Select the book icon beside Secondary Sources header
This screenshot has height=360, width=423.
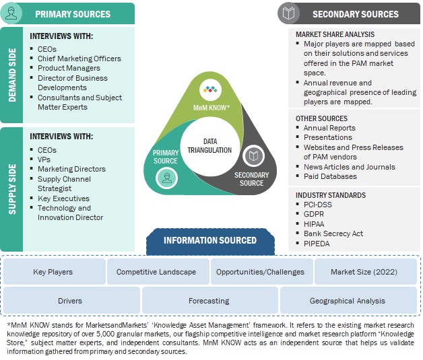pos(290,13)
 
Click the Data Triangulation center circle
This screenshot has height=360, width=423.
pos(209,145)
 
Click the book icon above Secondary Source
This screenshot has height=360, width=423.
pos(253,156)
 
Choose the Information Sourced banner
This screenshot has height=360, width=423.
pos(210,240)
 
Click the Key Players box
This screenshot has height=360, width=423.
pos(53,272)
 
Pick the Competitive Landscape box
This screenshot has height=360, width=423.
pos(156,272)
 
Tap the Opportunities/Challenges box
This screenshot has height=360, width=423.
pos(260,272)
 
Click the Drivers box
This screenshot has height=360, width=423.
pos(70,301)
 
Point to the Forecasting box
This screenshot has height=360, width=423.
pos(209,301)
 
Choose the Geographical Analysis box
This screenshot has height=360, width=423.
pos(348,301)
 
